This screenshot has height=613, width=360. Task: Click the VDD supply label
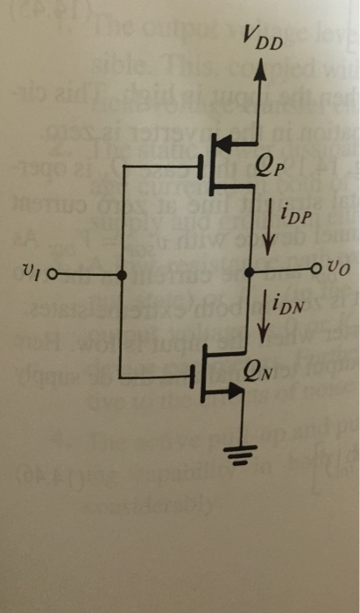click(x=264, y=38)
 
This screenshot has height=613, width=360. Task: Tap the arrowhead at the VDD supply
click(x=258, y=71)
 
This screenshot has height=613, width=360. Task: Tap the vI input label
click(x=32, y=272)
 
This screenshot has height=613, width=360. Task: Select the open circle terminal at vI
click(x=53, y=274)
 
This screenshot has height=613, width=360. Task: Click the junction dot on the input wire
click(x=121, y=274)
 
